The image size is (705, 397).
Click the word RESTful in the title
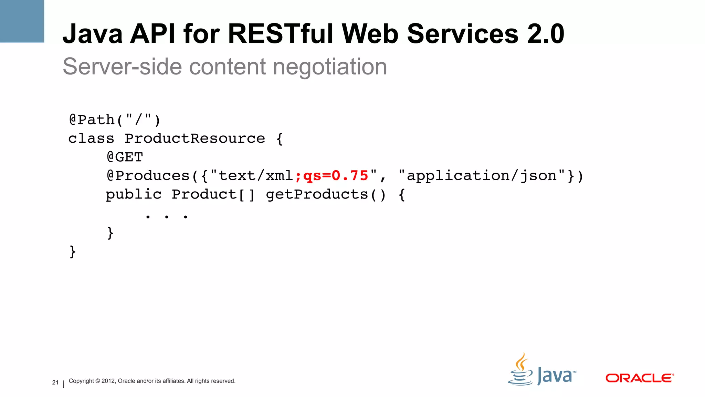280,34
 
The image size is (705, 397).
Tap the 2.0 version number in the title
545,34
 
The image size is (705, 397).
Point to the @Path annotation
92,120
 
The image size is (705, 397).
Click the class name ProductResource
195,139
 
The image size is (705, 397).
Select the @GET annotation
125,157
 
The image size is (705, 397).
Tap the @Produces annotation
148,176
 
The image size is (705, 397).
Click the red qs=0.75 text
336,176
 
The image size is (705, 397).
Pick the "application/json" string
482,176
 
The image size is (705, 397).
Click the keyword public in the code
134,194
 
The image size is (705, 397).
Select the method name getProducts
317,194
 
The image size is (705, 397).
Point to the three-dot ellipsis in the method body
167,217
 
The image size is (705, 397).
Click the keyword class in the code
91,139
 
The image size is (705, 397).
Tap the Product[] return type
213,194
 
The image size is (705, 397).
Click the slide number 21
55,383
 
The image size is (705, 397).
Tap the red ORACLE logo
639,378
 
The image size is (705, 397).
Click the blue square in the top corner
22,21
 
